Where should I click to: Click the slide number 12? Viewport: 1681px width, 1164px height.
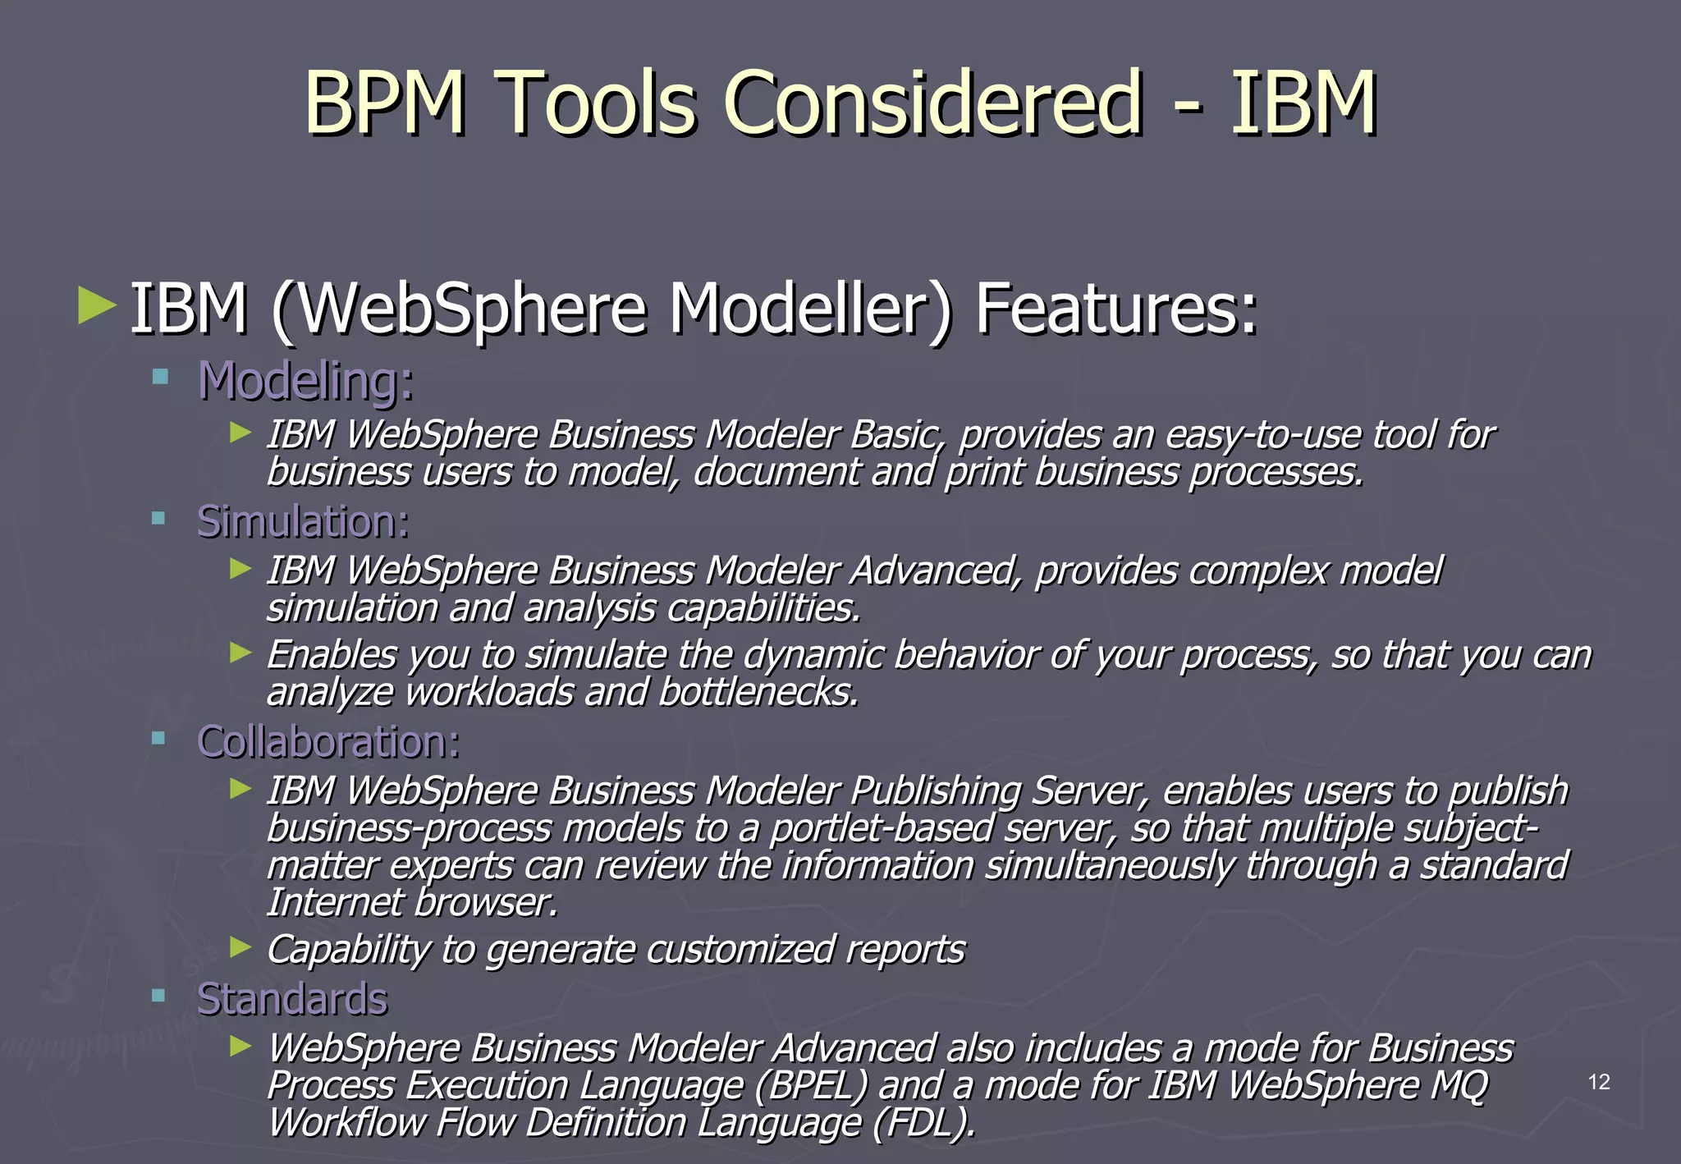pyautogui.click(x=1599, y=1082)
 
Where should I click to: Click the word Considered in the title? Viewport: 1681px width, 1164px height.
pyautogui.click(x=932, y=103)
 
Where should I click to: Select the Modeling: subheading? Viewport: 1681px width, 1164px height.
pyautogui.click(x=305, y=382)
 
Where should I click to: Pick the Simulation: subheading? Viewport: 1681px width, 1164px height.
pyautogui.click(x=303, y=522)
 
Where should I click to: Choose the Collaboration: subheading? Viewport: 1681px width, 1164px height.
pyautogui.click(x=328, y=742)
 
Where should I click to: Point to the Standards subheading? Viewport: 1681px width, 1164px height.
pyautogui.click(x=291, y=999)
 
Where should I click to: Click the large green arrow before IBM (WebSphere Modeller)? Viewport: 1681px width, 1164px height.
pyautogui.click(x=97, y=305)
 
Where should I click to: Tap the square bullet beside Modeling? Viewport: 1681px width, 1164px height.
pyautogui.click(x=159, y=378)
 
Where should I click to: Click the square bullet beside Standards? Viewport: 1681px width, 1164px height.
pyautogui.click(x=159, y=997)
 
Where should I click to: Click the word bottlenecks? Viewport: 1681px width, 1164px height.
pyautogui.click(x=758, y=692)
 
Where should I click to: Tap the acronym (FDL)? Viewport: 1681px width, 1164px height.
pyautogui.click(x=924, y=1123)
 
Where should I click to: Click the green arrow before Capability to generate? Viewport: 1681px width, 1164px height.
pyautogui.click(x=240, y=948)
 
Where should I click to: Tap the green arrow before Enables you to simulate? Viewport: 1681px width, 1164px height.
pyautogui.click(x=240, y=653)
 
